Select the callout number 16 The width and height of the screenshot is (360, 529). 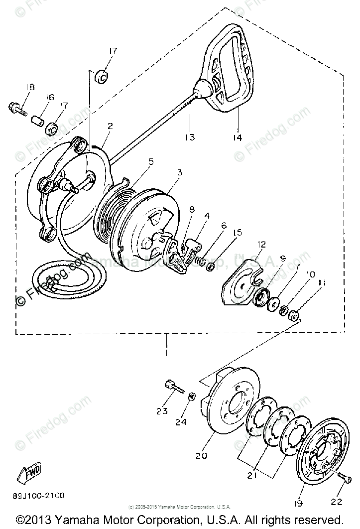49,97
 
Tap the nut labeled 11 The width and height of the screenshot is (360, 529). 294,314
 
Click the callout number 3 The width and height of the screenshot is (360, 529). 180,172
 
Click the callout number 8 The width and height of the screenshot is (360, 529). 192,210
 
